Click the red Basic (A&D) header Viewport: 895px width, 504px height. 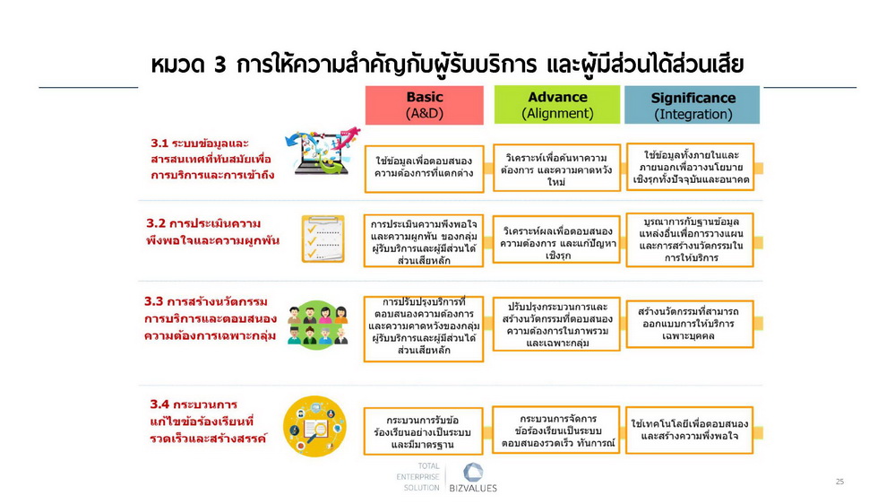pyautogui.click(x=424, y=105)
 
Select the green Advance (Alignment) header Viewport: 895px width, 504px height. pyautogui.click(x=557, y=105)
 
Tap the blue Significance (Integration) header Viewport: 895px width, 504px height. pyautogui.click(x=692, y=105)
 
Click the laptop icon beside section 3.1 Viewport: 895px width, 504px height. pyautogui.click(x=322, y=151)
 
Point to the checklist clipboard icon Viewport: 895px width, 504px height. pyautogui.click(x=323, y=239)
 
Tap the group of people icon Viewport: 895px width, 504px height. pyautogui.click(x=317, y=326)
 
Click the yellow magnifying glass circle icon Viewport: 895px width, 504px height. pyautogui.click(x=314, y=426)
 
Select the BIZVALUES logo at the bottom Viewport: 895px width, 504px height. pyautogui.click(x=473, y=478)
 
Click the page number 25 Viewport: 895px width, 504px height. pyautogui.click(x=839, y=482)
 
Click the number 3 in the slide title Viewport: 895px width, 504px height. pyautogui.click(x=220, y=65)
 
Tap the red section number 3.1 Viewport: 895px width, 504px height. pyautogui.click(x=159, y=143)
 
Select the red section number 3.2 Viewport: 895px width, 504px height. pyautogui.click(x=155, y=223)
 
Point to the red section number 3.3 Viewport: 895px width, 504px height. pyautogui.click(x=153, y=301)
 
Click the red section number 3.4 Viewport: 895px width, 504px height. pyautogui.click(x=159, y=404)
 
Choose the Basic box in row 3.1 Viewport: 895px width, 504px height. pyautogui.click(x=424, y=169)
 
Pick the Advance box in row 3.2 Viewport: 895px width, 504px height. pyautogui.click(x=556, y=239)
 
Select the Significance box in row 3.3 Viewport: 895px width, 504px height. pyautogui.click(x=690, y=324)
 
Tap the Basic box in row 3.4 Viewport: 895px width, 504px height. pyautogui.click(x=424, y=431)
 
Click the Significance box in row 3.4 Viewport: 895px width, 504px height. pyautogui.click(x=690, y=430)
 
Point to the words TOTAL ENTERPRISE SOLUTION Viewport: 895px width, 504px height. pyautogui.click(x=417, y=477)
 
